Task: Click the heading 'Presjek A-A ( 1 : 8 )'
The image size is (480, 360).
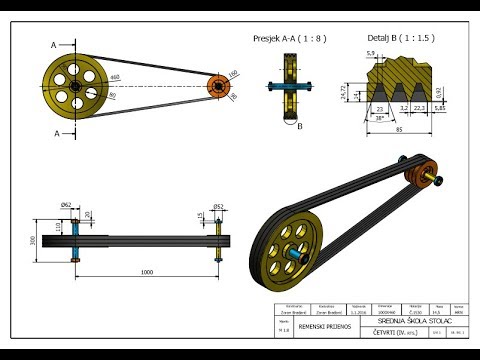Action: tap(289, 39)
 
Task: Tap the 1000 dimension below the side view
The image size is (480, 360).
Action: tap(147, 272)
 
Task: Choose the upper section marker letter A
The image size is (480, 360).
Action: tap(53, 44)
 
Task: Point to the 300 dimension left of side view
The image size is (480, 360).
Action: tap(34, 240)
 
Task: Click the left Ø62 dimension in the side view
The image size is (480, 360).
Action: tap(67, 205)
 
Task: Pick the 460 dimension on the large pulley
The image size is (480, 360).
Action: tap(115, 78)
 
